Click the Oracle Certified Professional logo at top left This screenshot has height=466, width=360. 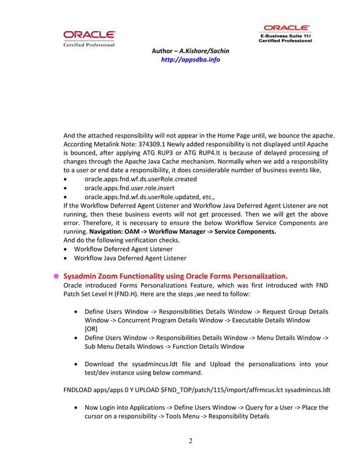tap(89, 38)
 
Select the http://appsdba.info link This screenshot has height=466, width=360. tap(190, 60)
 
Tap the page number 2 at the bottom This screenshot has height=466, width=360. tap(190, 441)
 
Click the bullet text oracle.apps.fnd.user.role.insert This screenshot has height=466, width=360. tap(129, 187)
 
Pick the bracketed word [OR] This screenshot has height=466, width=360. tap(91, 328)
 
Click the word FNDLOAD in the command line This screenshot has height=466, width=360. tap(80, 390)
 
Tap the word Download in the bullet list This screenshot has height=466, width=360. tap(100, 364)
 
